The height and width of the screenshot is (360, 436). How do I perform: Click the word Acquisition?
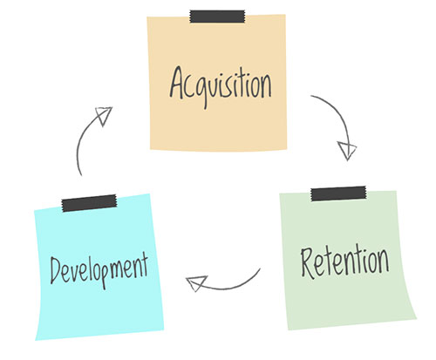221,86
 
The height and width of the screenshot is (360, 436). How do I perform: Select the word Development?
99,270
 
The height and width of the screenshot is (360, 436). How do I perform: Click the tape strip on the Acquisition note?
217,17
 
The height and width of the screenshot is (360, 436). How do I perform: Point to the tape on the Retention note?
338,194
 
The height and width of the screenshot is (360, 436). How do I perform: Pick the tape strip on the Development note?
89,203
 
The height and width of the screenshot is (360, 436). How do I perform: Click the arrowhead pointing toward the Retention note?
347,150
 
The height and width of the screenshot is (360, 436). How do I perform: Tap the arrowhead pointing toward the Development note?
196,283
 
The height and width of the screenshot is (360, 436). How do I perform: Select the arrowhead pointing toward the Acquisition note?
104,116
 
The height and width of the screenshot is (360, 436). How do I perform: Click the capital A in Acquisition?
177,83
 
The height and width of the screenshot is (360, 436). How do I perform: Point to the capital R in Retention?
307,263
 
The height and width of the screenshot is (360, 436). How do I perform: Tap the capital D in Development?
56,270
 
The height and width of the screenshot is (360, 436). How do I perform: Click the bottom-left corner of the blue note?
36,340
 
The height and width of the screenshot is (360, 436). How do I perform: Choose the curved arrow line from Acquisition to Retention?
337,113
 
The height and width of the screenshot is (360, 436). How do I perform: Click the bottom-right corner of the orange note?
287,149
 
